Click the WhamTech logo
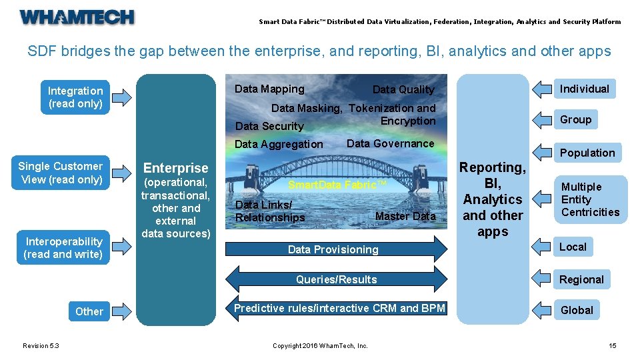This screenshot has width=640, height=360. [x=77, y=17]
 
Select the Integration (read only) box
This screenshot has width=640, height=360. [x=75, y=97]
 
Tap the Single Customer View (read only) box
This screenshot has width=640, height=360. [x=61, y=173]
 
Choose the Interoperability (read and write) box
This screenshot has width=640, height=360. [x=63, y=248]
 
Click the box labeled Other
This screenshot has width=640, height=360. [x=89, y=311]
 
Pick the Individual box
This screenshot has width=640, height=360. [x=584, y=89]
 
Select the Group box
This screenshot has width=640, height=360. [x=575, y=119]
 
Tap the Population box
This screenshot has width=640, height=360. [x=587, y=153]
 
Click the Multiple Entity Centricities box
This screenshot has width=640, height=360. [x=590, y=199]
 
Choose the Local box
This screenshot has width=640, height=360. [x=573, y=247]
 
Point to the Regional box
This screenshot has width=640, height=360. [x=581, y=279]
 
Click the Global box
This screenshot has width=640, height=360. [x=577, y=310]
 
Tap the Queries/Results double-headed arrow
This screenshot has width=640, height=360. [x=337, y=279]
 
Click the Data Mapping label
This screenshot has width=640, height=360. [x=269, y=89]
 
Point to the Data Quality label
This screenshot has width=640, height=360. [x=403, y=89]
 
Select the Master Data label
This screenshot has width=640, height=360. [x=405, y=216]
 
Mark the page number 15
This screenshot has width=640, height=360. [x=612, y=345]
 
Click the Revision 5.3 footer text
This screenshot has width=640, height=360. [x=41, y=345]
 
